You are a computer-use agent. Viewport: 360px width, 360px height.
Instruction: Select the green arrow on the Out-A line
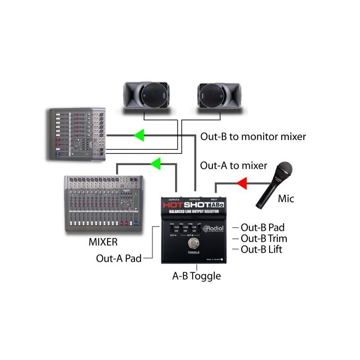click(x=155, y=164)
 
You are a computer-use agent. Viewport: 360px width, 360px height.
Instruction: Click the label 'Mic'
click(x=286, y=198)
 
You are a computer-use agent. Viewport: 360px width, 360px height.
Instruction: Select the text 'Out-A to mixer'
click(x=234, y=166)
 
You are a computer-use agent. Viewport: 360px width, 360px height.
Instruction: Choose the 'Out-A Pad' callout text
click(x=119, y=259)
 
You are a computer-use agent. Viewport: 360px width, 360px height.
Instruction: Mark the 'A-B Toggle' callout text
click(x=197, y=276)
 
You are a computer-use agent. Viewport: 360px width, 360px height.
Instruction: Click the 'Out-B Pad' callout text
click(x=263, y=227)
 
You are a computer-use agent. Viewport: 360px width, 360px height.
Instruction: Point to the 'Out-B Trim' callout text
click(x=264, y=238)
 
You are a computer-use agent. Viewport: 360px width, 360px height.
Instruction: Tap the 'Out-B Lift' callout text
click(x=262, y=249)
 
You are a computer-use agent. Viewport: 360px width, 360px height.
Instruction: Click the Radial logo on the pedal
click(x=213, y=229)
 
